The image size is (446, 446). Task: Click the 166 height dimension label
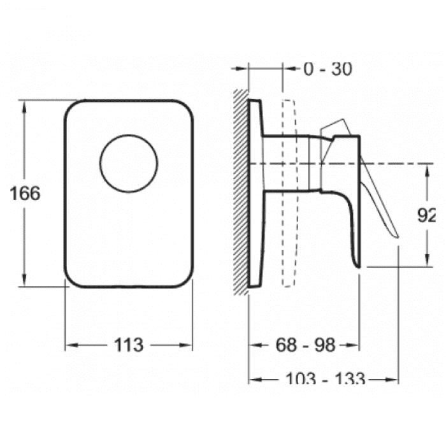tap(25, 194)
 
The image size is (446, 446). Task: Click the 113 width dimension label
tap(129, 345)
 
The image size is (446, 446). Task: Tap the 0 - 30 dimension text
tap(328, 69)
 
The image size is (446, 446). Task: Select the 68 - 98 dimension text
tap(305, 345)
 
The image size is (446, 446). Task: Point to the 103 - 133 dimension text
tap(325, 378)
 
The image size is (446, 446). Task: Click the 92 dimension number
tap(426, 215)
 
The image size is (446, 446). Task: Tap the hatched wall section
tap(241, 192)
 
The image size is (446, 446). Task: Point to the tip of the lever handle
tap(397, 236)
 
